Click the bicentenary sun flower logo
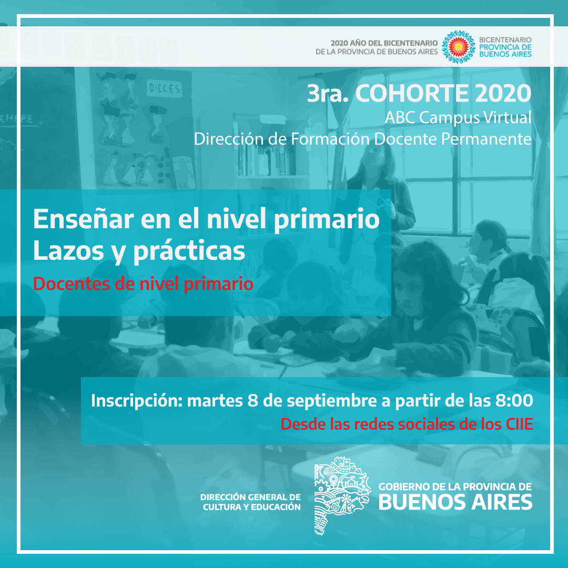tap(459, 47)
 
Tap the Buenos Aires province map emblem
tap(342, 496)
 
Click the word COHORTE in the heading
tap(412, 94)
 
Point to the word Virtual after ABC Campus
tap(507, 117)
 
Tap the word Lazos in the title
tap(69, 250)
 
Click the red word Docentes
tap(72, 283)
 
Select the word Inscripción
tap(137, 401)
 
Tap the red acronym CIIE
tap(520, 424)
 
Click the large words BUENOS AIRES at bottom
tap(455, 502)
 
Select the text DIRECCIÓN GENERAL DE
tap(250, 497)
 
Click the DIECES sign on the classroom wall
tap(165, 88)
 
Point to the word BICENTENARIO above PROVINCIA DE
tap(505, 39)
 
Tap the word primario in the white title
tap(327, 219)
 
